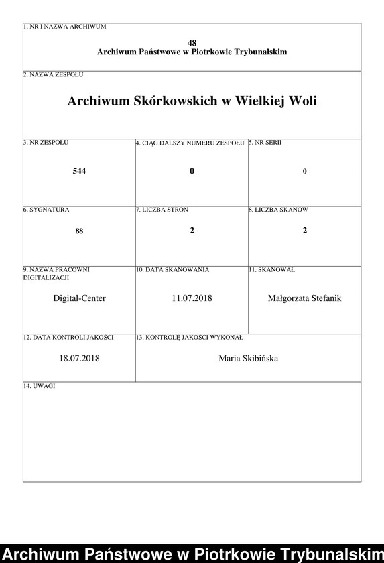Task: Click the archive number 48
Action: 192,42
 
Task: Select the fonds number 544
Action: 79,171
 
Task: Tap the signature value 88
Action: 79,231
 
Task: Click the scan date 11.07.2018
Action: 192,298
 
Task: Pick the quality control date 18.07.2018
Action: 79,359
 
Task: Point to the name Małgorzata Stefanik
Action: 304,298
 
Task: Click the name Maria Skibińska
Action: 248,359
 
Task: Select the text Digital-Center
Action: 79,298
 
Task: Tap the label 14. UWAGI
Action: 39,387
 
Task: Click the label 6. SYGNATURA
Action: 46,210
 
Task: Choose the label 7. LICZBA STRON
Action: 162,210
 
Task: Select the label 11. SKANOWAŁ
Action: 271,269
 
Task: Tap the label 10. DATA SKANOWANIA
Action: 172,269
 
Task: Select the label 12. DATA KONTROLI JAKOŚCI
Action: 68,337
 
